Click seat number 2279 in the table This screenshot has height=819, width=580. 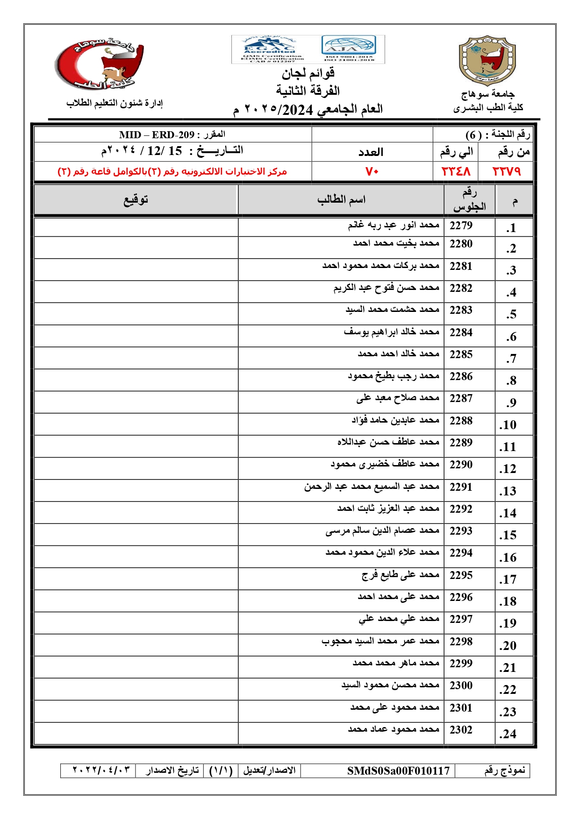461,226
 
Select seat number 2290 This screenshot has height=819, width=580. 461,465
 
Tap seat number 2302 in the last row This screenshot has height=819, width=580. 461,730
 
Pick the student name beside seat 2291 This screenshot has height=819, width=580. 372,487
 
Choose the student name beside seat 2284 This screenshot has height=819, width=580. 391,332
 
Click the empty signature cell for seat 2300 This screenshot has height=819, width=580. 136,689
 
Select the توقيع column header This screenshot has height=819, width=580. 136,200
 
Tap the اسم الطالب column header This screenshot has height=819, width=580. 341,200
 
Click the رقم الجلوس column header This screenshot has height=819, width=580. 469,200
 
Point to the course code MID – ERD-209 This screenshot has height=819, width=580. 157,135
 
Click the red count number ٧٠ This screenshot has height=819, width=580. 372,171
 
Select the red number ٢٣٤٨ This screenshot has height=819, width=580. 456,171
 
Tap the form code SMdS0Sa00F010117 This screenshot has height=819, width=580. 398,770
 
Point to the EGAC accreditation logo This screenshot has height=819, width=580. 270,49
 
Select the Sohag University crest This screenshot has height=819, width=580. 487,61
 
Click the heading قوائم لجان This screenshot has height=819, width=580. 308,73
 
